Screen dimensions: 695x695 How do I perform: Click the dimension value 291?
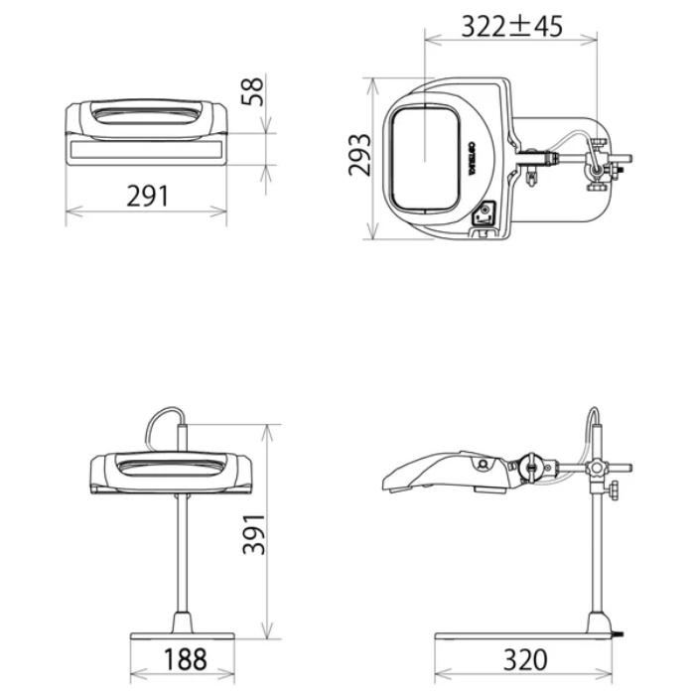(x=147, y=196)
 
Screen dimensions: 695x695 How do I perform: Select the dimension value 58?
(x=253, y=92)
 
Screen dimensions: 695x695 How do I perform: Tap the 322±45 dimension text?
(x=511, y=26)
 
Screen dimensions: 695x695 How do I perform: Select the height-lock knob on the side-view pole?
(x=618, y=489)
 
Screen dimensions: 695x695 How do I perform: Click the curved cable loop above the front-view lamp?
(x=162, y=422)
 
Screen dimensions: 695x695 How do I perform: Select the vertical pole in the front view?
(x=184, y=556)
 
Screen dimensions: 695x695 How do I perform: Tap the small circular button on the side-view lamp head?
(x=481, y=466)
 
